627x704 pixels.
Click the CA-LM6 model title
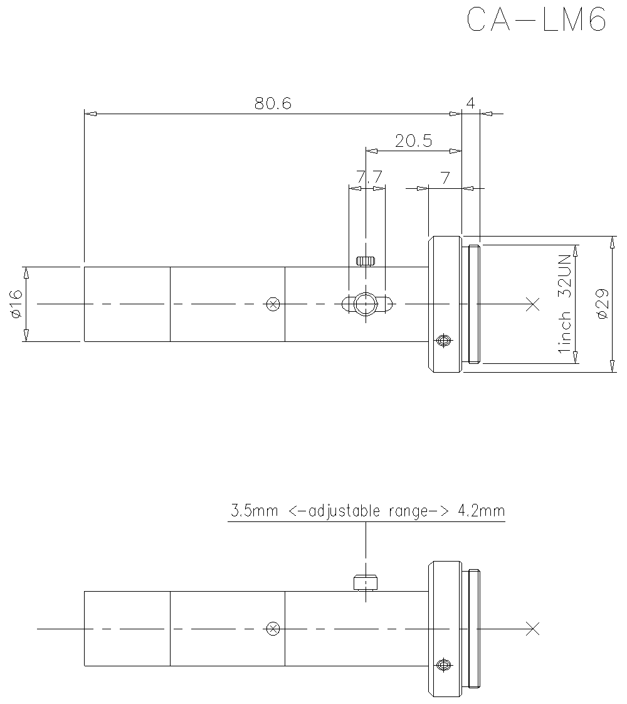point(537,20)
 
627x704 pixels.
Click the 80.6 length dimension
point(273,104)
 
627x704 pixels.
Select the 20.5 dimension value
point(413,141)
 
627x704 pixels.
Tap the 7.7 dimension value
point(369,176)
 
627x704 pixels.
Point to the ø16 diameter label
point(16,304)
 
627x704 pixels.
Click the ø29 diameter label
point(602,304)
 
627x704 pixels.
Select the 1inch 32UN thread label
point(566,304)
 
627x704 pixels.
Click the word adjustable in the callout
point(344,511)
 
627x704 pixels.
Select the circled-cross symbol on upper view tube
point(272,304)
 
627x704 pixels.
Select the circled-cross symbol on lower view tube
point(272,628)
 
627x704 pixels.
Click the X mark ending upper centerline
point(532,304)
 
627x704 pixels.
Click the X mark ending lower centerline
point(532,628)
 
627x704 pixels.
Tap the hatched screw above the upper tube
point(365,260)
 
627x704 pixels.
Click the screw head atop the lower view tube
point(365,584)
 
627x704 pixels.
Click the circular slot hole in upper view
point(365,304)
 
